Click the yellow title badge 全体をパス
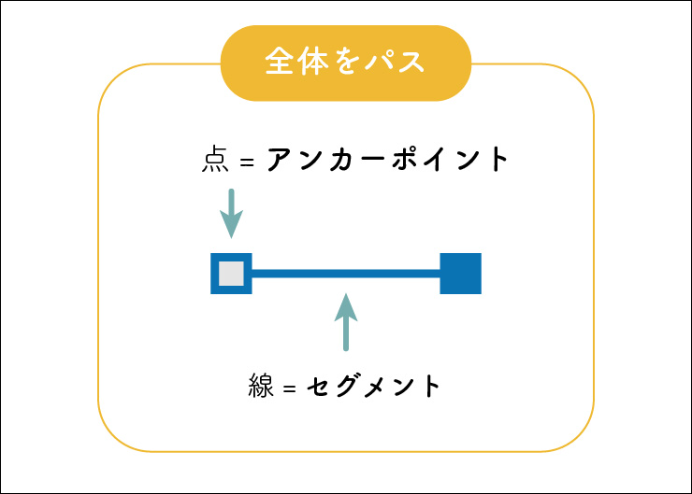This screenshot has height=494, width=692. pos(345,63)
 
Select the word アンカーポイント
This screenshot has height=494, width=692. pos(388,160)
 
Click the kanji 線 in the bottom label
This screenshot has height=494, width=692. pos(261,386)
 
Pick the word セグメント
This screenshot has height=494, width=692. pos(373,386)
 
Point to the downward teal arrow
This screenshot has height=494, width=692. pos(231,213)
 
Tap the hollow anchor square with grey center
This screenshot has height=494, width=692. pos(231,274)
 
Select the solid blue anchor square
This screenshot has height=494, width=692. pos(460,274)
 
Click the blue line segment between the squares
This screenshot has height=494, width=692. pos(346,274)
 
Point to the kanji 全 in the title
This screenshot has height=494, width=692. pos(279,63)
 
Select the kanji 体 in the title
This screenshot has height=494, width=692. pos(315,63)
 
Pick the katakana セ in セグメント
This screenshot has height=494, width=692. pos(319,386)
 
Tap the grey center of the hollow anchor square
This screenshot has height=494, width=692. pos(231,274)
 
